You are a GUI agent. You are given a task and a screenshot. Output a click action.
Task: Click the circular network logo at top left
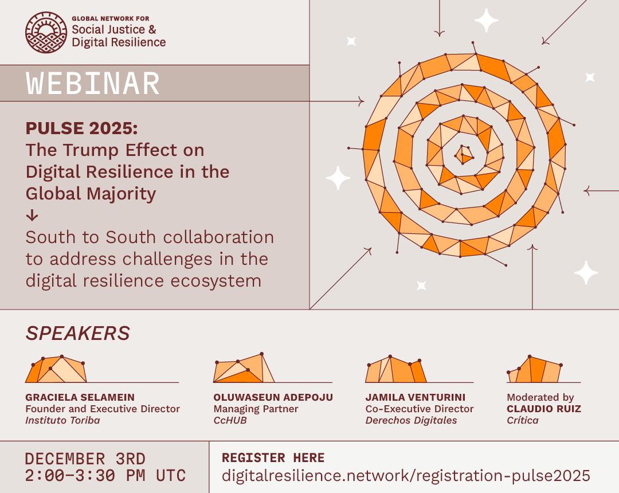(x=46, y=32)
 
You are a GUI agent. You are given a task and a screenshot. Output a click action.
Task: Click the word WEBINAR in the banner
(x=93, y=84)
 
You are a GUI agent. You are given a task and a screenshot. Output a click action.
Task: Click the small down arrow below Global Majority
(x=32, y=216)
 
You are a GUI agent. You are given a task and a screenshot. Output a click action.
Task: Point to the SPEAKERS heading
(x=77, y=333)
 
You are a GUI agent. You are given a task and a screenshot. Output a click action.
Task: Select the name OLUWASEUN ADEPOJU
(x=273, y=397)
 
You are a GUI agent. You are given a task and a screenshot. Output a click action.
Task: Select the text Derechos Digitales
(x=411, y=420)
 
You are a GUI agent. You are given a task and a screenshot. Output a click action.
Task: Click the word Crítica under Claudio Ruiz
(x=523, y=420)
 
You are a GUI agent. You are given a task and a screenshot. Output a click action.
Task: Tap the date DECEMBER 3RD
(x=85, y=459)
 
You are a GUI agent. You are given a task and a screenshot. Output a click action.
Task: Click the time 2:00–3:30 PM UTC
(x=105, y=475)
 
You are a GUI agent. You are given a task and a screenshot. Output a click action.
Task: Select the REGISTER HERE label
(x=273, y=457)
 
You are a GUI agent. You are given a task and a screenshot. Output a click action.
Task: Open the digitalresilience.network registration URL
(x=406, y=475)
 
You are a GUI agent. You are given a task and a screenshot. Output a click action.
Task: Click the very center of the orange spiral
(x=465, y=155)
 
